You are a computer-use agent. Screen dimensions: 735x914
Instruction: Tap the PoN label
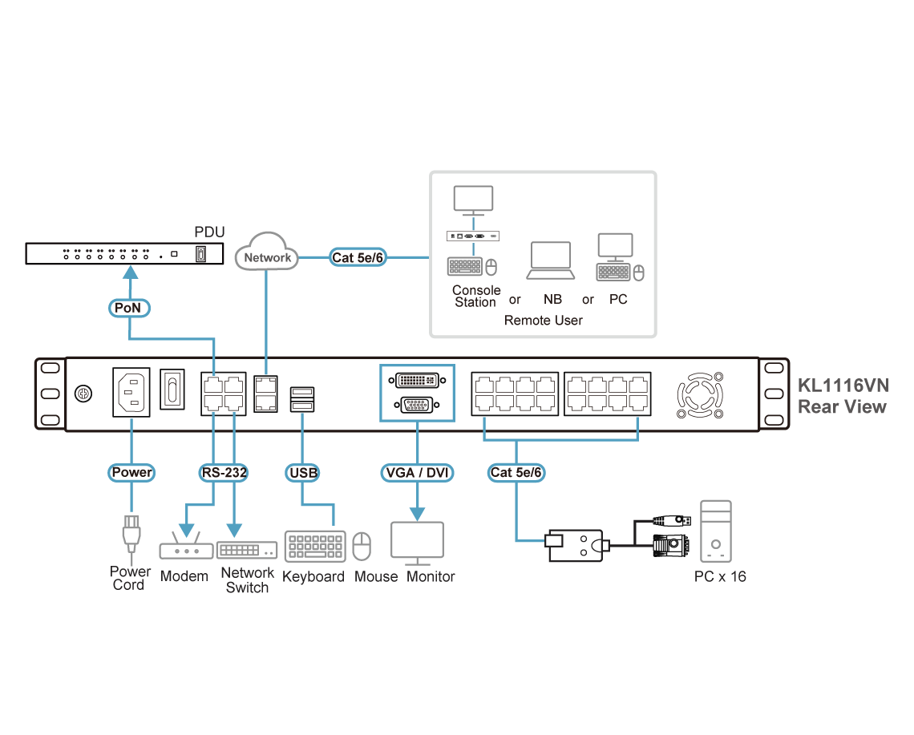click(x=129, y=307)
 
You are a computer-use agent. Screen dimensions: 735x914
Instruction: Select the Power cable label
click(x=131, y=472)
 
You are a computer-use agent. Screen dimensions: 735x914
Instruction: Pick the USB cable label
click(x=303, y=472)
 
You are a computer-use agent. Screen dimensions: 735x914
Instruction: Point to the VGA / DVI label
click(x=417, y=472)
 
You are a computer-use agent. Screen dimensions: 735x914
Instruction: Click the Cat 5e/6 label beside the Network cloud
click(x=358, y=257)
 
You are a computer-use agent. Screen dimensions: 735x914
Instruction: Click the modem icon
click(x=185, y=551)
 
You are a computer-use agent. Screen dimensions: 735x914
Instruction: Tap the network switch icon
click(x=247, y=550)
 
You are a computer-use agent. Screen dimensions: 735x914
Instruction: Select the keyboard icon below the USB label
click(x=315, y=546)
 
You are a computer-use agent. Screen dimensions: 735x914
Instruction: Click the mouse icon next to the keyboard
click(x=363, y=547)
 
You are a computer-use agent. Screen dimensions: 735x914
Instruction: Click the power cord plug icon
click(x=131, y=536)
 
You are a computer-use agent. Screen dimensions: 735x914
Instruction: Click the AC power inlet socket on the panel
click(x=131, y=392)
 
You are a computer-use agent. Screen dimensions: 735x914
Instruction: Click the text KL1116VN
click(x=842, y=386)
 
